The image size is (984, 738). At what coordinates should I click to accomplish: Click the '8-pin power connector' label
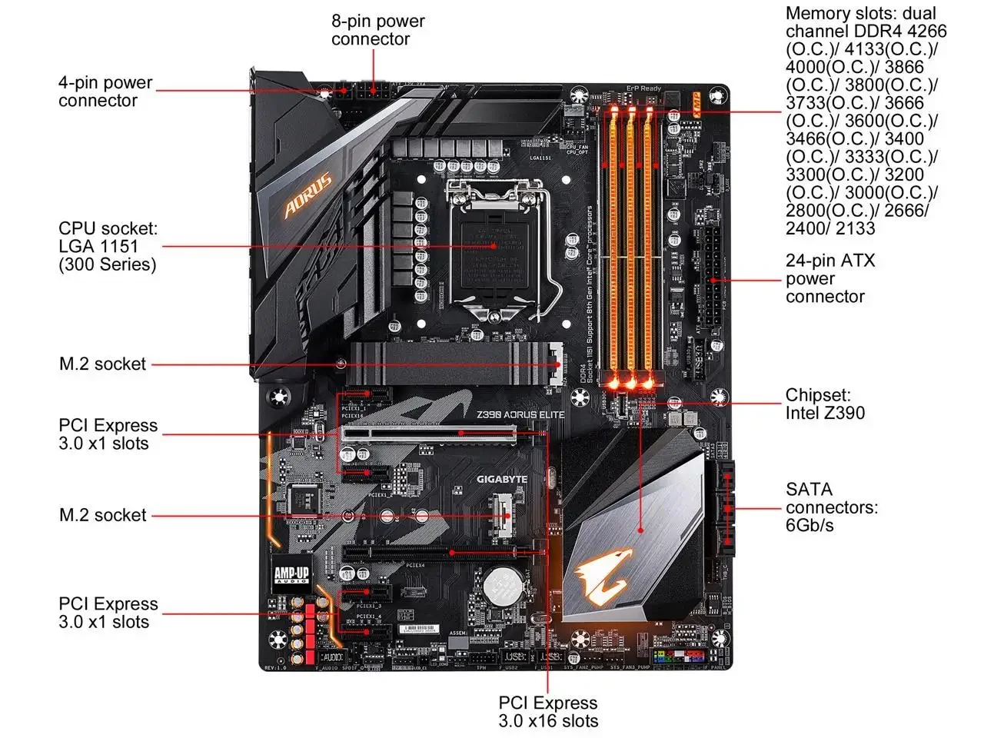[x=377, y=31]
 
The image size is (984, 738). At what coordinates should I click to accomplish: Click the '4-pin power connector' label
[x=105, y=91]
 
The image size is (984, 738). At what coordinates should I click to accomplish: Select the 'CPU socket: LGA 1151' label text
[x=108, y=247]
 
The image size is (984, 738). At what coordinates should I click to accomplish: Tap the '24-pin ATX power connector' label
[x=829, y=279]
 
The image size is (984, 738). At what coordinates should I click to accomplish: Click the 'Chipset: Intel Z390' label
[x=824, y=404]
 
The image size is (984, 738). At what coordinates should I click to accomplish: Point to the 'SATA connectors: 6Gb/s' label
[x=831, y=507]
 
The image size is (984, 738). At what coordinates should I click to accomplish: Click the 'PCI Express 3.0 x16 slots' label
[x=547, y=712]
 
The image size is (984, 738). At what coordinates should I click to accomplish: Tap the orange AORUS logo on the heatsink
[x=307, y=194]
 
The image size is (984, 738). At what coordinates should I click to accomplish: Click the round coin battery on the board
[x=504, y=586]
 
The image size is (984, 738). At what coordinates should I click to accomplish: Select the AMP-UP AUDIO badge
[x=291, y=574]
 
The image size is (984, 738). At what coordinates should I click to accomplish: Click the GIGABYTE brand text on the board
[x=502, y=480]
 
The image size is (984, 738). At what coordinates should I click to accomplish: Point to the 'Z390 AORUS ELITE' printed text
[x=520, y=415]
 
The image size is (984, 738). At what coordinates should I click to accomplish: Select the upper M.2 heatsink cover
[x=454, y=363]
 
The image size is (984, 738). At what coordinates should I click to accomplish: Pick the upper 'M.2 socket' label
[x=102, y=364]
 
